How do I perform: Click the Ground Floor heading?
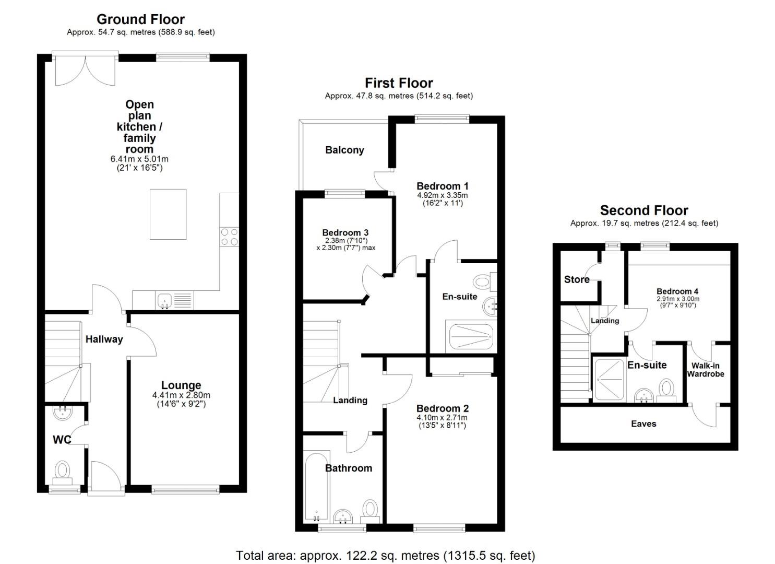[x=140, y=19]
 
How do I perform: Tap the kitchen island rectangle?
[x=168, y=214]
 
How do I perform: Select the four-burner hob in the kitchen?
[x=229, y=237]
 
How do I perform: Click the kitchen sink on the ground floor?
[x=164, y=300]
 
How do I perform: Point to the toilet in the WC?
[x=63, y=470]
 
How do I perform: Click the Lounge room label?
[x=181, y=385]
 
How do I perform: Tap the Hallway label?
[x=104, y=339]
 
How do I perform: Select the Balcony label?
[x=344, y=150]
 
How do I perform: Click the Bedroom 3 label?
[x=345, y=232]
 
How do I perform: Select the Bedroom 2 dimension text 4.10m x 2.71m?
[x=442, y=418]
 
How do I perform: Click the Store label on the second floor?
[x=577, y=279]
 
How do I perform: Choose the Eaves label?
[x=643, y=424]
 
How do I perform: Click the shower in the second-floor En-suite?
[x=609, y=380]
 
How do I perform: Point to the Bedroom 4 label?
[x=677, y=291]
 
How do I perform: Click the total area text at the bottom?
[x=385, y=555]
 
